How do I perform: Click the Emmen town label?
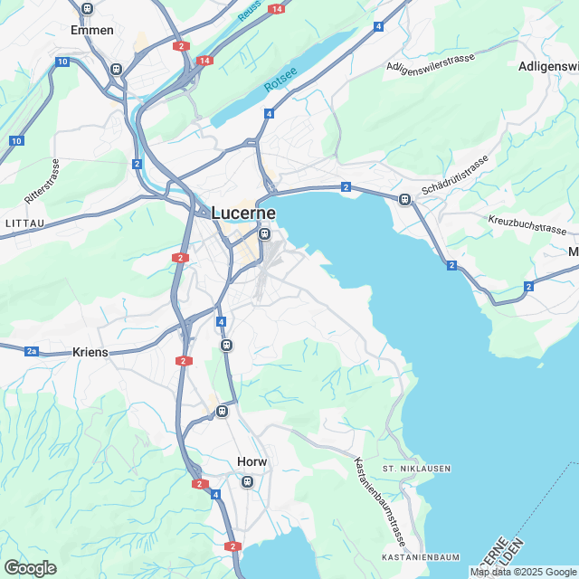point(92,30)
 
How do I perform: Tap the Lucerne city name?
point(243,213)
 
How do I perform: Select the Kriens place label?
point(90,351)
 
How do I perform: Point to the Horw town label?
point(252,461)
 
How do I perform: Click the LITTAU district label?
point(24,222)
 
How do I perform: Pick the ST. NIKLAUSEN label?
point(416,468)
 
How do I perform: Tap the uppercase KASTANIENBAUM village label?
point(421,556)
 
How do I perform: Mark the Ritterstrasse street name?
point(42,181)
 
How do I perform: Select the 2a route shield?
point(32,350)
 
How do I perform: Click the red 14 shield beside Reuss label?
point(275,8)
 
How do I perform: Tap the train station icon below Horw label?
point(247,482)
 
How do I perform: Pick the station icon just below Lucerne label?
point(264,233)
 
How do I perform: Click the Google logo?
point(30,567)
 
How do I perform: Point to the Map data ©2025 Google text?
point(523,572)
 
